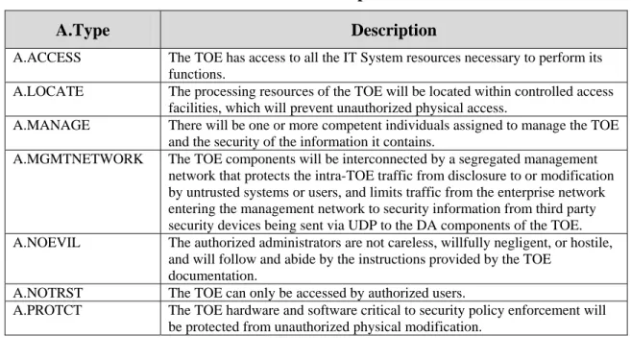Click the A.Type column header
coord(83,31)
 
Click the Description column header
coord(394,30)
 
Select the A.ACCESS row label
coord(47,58)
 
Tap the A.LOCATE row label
coord(48,91)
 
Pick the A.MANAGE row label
coord(52,125)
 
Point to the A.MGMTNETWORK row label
coord(78,159)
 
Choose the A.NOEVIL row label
coord(47,243)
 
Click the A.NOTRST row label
coord(48,293)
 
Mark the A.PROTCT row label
coord(47,310)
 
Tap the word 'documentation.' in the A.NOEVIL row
coord(212,276)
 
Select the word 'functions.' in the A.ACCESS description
coord(197,75)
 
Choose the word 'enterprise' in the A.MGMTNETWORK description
coord(527,193)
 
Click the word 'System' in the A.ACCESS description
coord(381,58)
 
